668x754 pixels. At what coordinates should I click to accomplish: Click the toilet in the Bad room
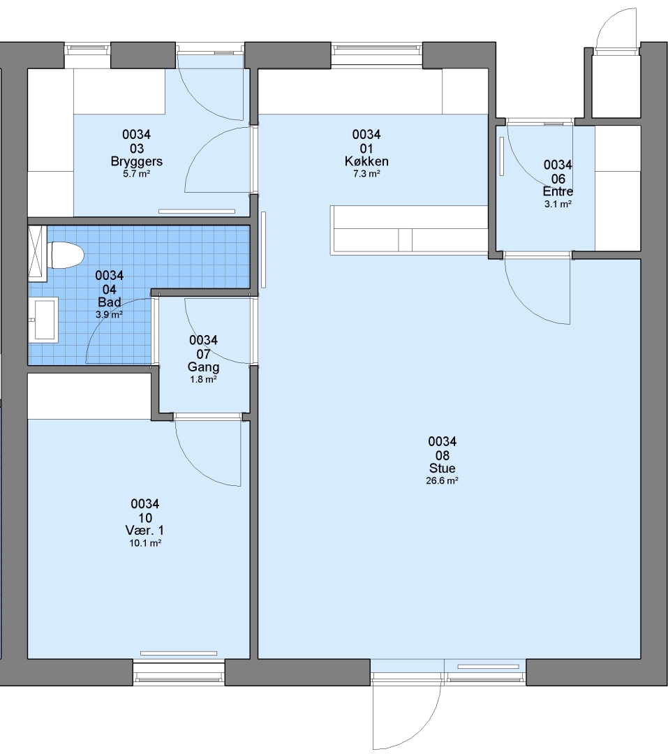point(66,255)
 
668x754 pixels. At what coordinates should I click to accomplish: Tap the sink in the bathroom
point(43,320)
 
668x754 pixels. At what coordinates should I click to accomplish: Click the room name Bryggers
point(137,161)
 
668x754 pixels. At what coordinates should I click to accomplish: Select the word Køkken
point(366,161)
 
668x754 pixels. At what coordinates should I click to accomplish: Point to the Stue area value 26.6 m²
point(442,480)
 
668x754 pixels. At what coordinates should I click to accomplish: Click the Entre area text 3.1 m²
point(558,204)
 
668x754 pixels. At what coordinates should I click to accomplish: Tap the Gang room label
point(203,367)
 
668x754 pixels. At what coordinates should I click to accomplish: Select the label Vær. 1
point(144,531)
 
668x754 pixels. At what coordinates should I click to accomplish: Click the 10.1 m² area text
point(145,543)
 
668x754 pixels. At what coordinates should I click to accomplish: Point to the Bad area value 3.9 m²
point(109,315)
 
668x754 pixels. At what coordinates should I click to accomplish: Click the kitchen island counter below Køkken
point(409,230)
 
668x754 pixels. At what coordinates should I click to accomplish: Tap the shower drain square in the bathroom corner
point(38,253)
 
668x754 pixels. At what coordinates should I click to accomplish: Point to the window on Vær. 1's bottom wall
point(179,673)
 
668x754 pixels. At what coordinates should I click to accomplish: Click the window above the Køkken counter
point(377,54)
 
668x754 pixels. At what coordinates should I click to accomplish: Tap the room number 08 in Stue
point(442,455)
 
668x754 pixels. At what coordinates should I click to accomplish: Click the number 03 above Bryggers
point(137,149)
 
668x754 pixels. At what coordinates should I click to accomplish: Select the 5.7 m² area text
point(137,174)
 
